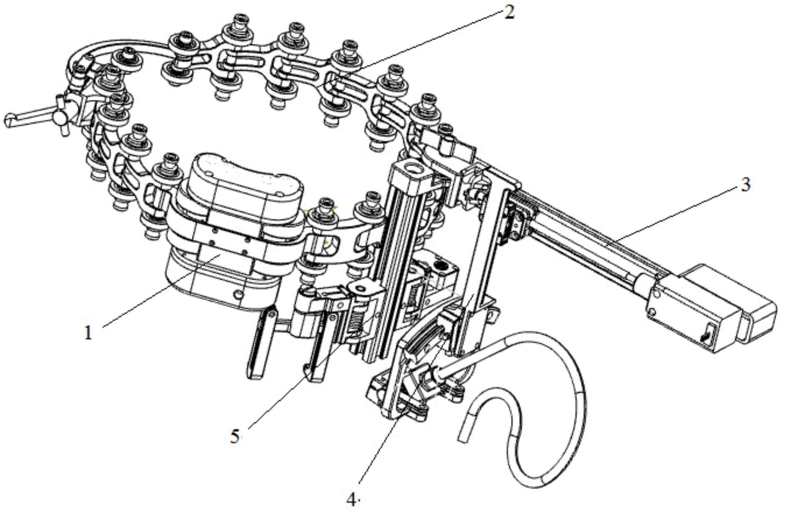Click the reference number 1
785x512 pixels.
pos(88,333)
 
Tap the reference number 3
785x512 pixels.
pos(745,184)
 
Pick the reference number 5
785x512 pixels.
pos(235,437)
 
